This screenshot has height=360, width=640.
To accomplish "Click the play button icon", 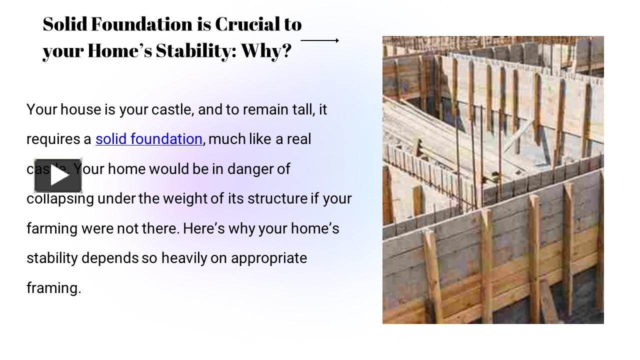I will (58, 176).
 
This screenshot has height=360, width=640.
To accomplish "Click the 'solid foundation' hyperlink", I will (149, 139).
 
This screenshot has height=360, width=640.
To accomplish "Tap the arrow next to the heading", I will (320, 40).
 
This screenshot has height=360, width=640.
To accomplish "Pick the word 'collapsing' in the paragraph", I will (60, 198).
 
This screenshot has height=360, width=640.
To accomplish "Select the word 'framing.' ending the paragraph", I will (53, 288).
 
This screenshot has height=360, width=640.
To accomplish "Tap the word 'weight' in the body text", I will (185, 198).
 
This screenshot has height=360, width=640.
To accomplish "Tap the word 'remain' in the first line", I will (265, 109).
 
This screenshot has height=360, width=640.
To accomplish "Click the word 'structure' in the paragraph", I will (277, 198).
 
